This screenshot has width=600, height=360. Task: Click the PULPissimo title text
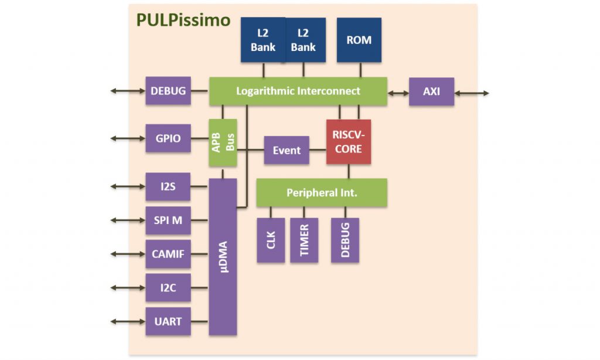tap(183, 21)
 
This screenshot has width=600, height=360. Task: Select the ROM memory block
tap(359, 40)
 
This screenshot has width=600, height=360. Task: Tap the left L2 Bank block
tap(263, 40)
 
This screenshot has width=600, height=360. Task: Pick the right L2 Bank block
tap(304, 40)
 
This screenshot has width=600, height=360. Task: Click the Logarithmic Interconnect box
tap(298, 91)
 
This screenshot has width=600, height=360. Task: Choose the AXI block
tap(431, 91)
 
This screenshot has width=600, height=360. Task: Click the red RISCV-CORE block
tap(348, 142)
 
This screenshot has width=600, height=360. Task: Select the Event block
tap(287, 150)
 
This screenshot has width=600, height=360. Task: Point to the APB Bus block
tap(223, 142)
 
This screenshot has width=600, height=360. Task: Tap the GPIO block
tap(168, 138)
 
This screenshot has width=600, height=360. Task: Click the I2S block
tap(168, 186)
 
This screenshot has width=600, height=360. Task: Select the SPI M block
tap(168, 220)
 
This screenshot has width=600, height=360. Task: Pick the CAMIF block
tap(168, 254)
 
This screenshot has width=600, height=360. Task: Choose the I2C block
tap(168, 287)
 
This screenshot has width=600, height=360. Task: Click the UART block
tap(168, 321)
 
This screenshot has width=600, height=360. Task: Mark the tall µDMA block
tap(223, 257)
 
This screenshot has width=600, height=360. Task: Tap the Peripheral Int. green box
tap(322, 192)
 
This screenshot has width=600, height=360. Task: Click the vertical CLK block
tap(271, 240)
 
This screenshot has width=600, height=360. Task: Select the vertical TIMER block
tap(304, 240)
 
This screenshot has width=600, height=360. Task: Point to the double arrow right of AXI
tap(471, 92)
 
